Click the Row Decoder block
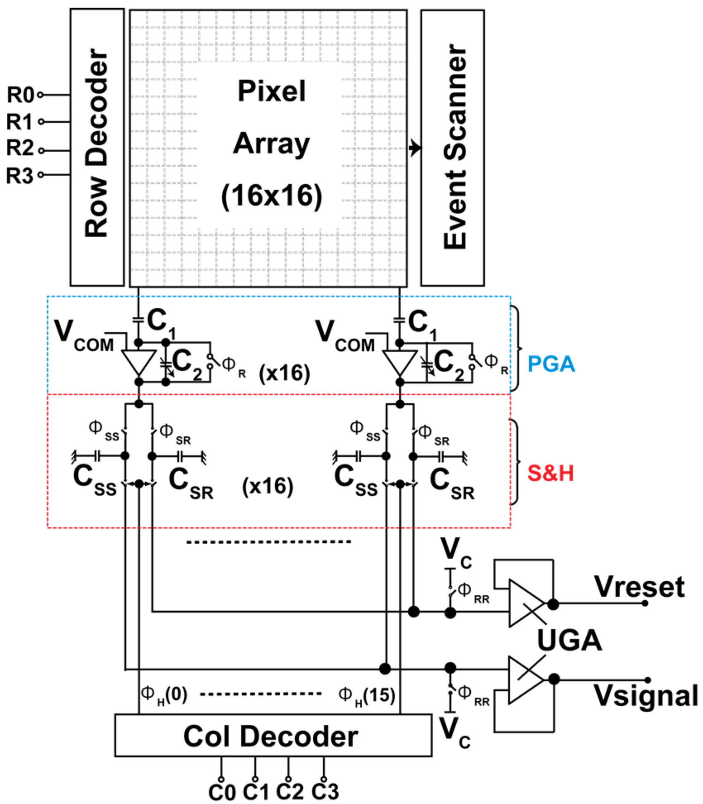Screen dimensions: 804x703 [x=97, y=147]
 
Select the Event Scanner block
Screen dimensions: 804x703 [x=452, y=148]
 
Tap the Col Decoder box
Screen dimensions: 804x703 [x=273, y=737]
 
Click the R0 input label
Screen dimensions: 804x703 [x=20, y=95]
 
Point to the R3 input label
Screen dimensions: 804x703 [x=19, y=175]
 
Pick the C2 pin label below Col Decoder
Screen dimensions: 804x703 [x=289, y=792]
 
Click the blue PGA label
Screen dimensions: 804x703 [x=551, y=364]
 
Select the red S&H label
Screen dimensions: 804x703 [x=550, y=473]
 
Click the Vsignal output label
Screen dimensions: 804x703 [x=646, y=695]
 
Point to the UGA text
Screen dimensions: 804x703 [x=569, y=641]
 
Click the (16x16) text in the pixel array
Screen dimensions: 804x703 [x=271, y=196]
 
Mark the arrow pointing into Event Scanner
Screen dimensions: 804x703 [x=415, y=148]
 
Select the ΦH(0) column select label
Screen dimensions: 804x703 [x=164, y=694]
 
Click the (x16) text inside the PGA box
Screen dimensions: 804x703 [x=284, y=373]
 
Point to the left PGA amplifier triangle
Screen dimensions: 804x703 [x=138, y=361]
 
